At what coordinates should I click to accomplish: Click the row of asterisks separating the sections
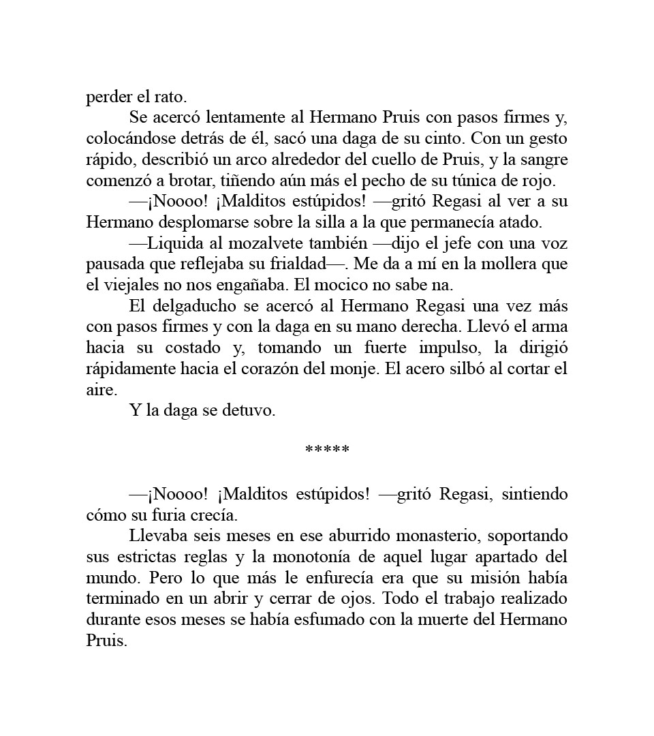coord(327,450)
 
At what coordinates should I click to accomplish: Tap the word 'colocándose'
coord(126,138)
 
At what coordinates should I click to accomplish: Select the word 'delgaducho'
coord(189,306)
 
